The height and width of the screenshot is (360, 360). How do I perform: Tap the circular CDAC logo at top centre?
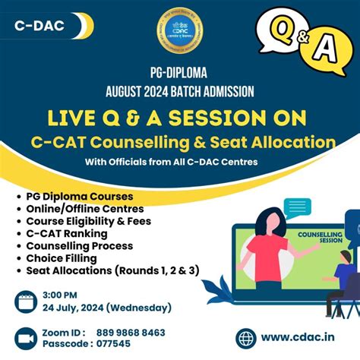[x=180, y=33]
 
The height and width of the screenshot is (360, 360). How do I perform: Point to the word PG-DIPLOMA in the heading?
[x=180, y=75]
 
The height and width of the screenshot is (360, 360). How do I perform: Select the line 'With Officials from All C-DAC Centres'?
[x=180, y=162]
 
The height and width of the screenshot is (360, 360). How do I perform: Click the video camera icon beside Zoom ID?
[x=27, y=339]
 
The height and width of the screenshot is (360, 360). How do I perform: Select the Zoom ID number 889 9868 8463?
[x=131, y=333]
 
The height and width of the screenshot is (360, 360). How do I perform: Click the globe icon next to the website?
[x=247, y=339]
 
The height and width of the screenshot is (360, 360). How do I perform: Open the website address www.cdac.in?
[x=298, y=339]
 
